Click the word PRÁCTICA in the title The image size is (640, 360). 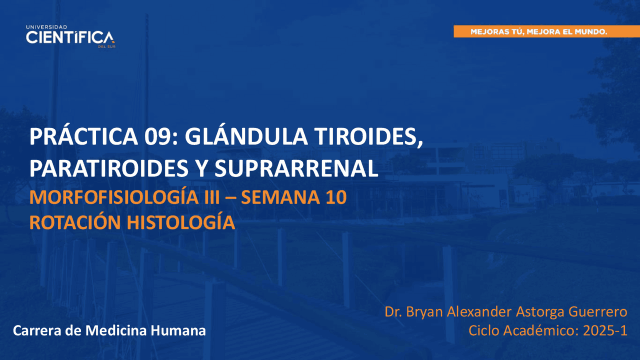tap(84, 136)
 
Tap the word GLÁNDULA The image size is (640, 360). tap(246, 136)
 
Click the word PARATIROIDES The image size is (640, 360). tap(109, 168)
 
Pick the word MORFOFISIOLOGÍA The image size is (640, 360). tap(114, 196)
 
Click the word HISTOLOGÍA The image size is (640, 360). tap(181, 222)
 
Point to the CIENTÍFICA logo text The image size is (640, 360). tap(70, 37)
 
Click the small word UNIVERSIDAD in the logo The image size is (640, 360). tap(46, 27)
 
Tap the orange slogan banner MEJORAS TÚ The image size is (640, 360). tap(546, 31)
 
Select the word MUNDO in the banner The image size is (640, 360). tap(591, 31)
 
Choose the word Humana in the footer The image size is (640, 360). tap(178, 330)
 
